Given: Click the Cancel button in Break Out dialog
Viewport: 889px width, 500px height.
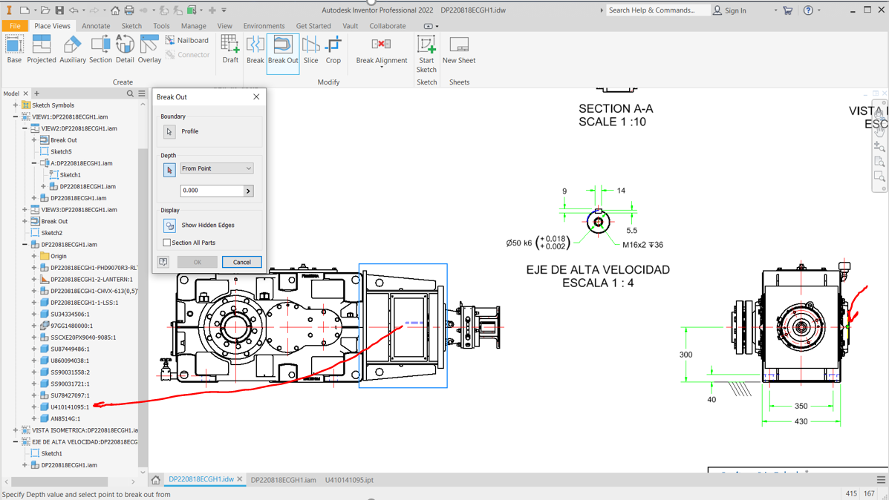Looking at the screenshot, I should tap(241, 262).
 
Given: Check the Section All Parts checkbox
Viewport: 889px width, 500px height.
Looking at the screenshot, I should tap(167, 243).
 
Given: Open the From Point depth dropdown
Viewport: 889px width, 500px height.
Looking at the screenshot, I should tap(216, 168).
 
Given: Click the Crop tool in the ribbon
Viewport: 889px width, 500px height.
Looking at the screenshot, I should tap(333, 50).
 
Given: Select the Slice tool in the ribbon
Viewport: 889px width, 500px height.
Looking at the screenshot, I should tap(310, 50).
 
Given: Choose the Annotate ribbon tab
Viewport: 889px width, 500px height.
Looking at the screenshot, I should tap(96, 26).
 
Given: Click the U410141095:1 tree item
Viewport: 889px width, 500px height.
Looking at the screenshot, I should tap(69, 407).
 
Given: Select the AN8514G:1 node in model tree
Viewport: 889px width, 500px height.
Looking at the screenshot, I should tap(65, 419).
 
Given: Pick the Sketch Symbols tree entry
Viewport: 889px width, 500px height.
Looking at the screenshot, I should tap(53, 105).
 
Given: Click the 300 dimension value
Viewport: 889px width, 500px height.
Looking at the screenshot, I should tap(686, 355).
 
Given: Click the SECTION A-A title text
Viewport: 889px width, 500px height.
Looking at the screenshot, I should tap(616, 109).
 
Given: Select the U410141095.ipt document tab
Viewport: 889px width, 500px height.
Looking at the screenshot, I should tap(349, 480).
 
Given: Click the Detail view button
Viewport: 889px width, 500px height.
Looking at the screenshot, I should tap(125, 50).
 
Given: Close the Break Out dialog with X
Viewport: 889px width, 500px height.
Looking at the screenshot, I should tap(256, 97).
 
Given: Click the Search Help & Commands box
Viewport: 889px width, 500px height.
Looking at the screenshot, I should tap(657, 10).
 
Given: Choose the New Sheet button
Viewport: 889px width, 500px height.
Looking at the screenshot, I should tap(459, 50).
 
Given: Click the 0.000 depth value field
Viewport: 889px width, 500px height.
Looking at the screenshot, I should tap(212, 191).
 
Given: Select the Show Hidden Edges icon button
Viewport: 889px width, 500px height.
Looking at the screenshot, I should tap(169, 226).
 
